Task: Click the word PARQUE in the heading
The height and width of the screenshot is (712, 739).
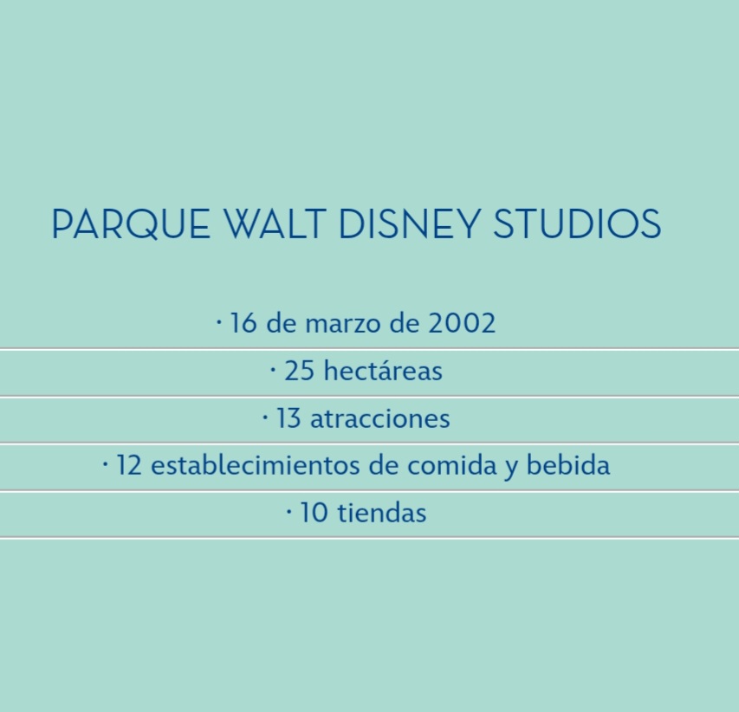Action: pyautogui.click(x=131, y=223)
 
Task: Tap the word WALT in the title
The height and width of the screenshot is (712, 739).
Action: pyautogui.click(x=275, y=223)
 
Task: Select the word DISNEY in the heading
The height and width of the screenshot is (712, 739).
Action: pyautogui.click(x=410, y=223)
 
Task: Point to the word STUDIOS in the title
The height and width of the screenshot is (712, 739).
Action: pyautogui.click(x=577, y=223)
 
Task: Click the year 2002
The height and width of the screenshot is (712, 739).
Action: pyautogui.click(x=462, y=323)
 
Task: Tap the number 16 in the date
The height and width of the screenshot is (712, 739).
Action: pyautogui.click(x=243, y=323)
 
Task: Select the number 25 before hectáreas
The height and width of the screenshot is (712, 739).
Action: pyautogui.click(x=299, y=371)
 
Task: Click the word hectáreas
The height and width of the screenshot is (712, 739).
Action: pyautogui.click(x=383, y=370)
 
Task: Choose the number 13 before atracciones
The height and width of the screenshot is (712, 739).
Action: pyautogui.click(x=288, y=418)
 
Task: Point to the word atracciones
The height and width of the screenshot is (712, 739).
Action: pyautogui.click(x=379, y=418)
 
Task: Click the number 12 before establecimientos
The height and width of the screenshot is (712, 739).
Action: pyautogui.click(x=129, y=465)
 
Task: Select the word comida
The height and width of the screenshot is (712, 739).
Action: pyautogui.click(x=451, y=464)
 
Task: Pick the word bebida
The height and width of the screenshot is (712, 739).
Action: pyautogui.click(x=568, y=464)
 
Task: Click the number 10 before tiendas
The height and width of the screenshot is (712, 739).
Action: pyautogui.click(x=314, y=513)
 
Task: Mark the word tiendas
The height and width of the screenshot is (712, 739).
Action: pyautogui.click(x=382, y=512)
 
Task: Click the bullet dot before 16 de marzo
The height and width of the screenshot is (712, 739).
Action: pyautogui.click(x=218, y=323)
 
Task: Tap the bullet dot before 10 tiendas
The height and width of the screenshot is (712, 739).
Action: pyautogui.click(x=289, y=512)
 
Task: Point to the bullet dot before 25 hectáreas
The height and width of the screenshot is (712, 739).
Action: pyautogui.click(x=273, y=370)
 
